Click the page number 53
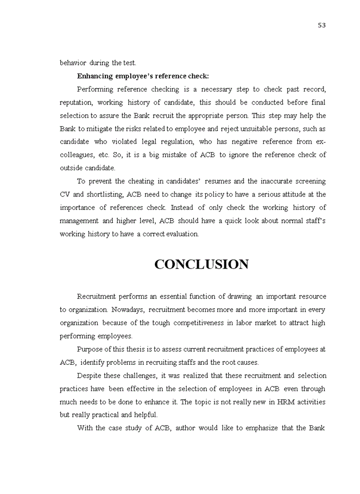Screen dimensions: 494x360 click(x=321, y=26)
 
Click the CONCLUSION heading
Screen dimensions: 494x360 click(x=201, y=264)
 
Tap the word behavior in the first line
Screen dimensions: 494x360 click(x=73, y=63)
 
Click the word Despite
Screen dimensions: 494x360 click(x=89, y=376)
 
